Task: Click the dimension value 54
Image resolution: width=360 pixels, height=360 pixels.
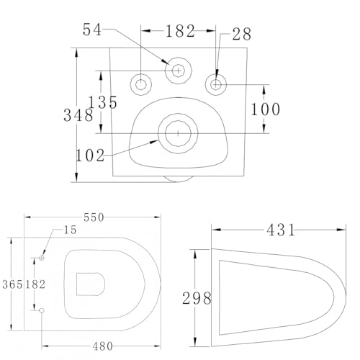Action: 92,30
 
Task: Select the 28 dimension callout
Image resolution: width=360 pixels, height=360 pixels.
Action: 242,35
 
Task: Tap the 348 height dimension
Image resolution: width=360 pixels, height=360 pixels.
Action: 78,115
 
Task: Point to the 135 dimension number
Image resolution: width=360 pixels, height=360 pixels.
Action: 103,102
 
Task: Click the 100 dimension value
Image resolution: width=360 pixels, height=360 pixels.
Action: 265,109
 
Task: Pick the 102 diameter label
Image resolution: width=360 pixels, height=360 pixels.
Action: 90,156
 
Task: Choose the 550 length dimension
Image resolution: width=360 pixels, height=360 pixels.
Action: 94,217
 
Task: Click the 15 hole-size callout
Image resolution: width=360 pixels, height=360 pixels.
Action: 70,230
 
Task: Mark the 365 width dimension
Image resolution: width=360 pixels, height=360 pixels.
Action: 12,284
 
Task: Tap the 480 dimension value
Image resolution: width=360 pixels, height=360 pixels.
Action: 102,346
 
